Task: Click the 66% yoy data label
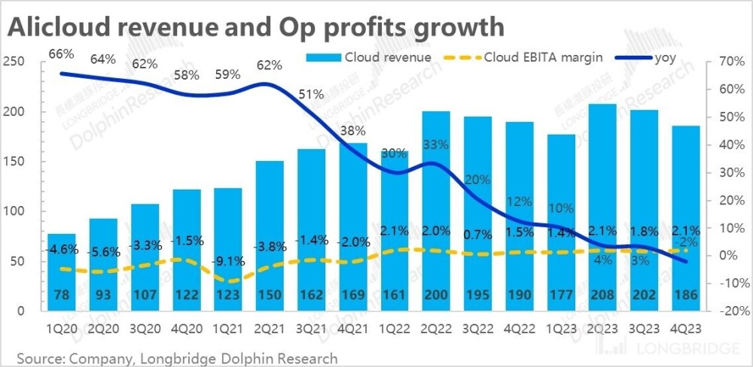point(62,53)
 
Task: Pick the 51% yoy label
point(311,95)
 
